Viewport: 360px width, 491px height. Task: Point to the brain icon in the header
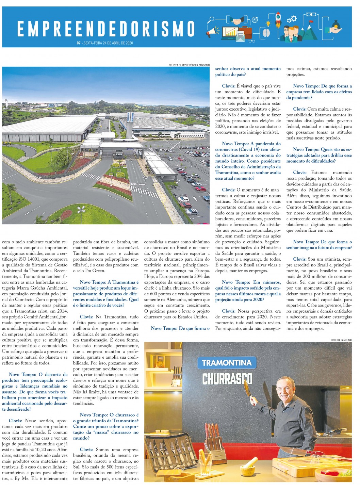pyautogui.click(x=266, y=33)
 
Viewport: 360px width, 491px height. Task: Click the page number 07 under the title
pyautogui.click(x=79, y=43)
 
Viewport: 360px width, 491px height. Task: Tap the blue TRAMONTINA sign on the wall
pyautogui.click(x=227, y=363)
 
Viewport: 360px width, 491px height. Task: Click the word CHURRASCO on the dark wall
pyautogui.click(x=227, y=379)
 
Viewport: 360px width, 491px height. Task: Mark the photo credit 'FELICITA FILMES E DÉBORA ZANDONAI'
pyautogui.click(x=189, y=65)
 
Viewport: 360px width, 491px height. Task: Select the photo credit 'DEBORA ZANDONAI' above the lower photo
pyautogui.click(x=341, y=340)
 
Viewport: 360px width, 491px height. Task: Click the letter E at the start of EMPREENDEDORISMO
pyautogui.click(x=21, y=29)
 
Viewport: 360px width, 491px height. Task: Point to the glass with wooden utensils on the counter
pyautogui.click(x=206, y=461)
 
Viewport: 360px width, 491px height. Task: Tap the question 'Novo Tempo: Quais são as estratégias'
pyautogui.click(x=319, y=155)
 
